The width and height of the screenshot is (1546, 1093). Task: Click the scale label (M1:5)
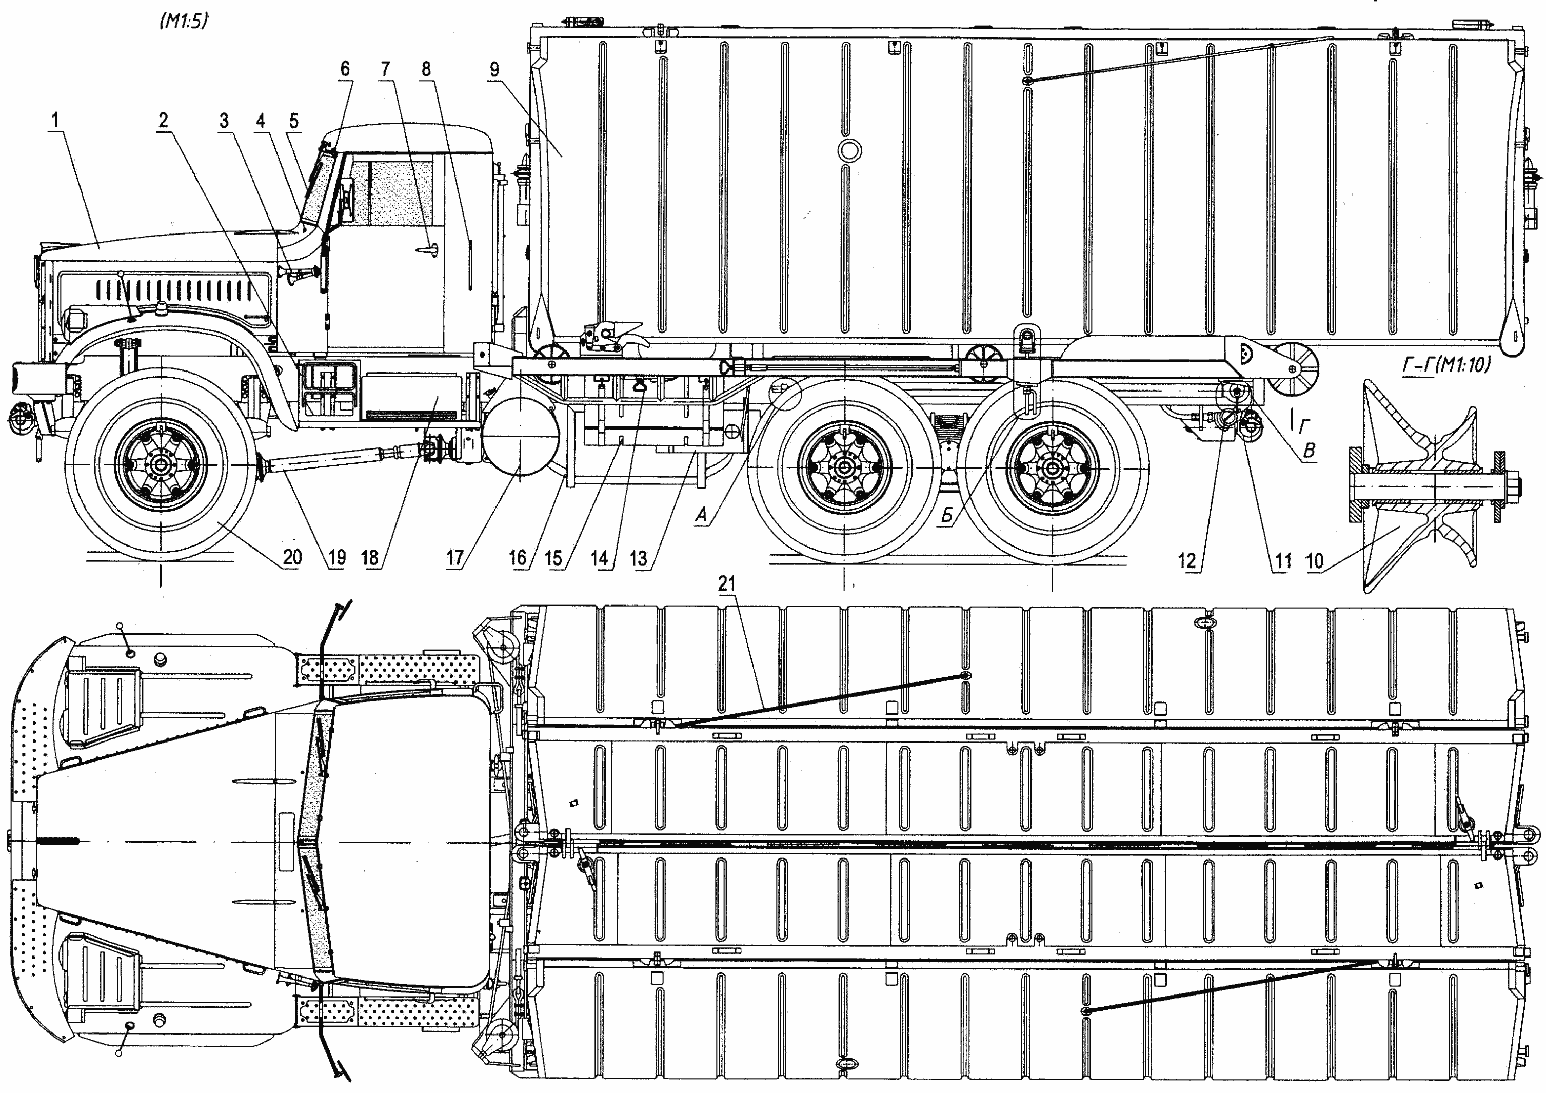(183, 22)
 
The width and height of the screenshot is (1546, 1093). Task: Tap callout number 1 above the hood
(55, 121)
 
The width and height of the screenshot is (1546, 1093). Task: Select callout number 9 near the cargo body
(495, 69)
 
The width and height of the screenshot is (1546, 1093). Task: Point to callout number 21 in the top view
(726, 584)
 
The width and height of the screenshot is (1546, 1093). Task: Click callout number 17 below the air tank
(455, 558)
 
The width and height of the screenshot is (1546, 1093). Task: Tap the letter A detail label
(702, 516)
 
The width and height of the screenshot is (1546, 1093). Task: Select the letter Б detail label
(947, 516)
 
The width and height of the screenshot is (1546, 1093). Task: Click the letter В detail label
(1309, 451)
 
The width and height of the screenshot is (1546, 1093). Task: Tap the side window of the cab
(394, 192)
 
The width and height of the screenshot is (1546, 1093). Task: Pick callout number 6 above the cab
(345, 69)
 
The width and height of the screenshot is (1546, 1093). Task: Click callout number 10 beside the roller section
(1314, 560)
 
